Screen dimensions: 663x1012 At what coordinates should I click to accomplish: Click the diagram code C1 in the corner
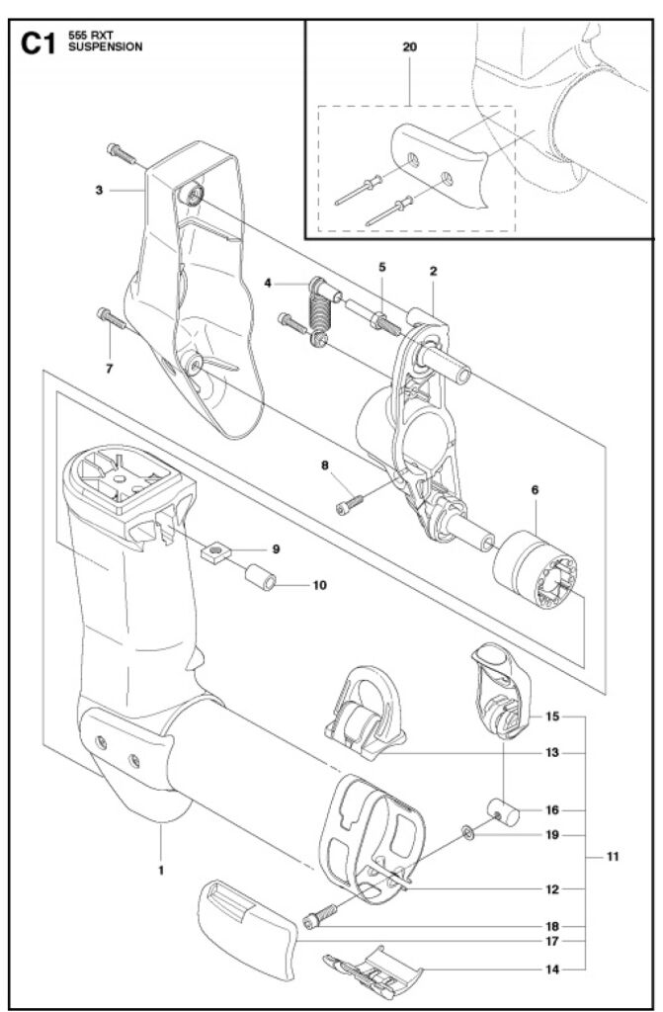(38, 43)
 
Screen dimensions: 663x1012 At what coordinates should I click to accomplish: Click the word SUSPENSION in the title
(105, 47)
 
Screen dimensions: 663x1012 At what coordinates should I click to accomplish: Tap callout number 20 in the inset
(409, 47)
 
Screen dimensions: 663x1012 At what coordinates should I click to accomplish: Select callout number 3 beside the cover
(99, 191)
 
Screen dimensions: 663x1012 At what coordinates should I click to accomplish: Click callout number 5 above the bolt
(382, 267)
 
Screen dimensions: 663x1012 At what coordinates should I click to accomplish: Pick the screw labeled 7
(112, 317)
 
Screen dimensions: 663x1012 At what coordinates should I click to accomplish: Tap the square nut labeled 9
(216, 552)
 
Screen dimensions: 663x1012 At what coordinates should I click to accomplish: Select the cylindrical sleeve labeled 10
(260, 576)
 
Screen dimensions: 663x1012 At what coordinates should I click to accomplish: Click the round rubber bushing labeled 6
(536, 569)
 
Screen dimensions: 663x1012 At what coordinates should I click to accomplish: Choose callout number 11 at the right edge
(613, 857)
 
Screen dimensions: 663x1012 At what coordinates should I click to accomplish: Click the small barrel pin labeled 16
(503, 812)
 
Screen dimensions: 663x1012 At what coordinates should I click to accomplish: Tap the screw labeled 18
(319, 915)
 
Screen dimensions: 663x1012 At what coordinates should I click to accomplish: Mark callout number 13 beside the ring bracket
(552, 752)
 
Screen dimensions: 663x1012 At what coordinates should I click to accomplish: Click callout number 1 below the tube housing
(161, 870)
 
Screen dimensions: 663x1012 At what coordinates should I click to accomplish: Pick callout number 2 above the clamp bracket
(433, 271)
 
